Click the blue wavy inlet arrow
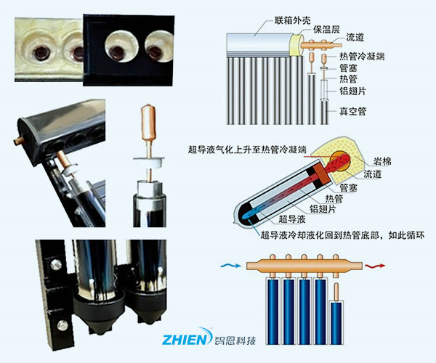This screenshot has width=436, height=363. (231, 266)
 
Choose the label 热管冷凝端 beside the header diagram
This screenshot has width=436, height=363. (363, 56)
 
